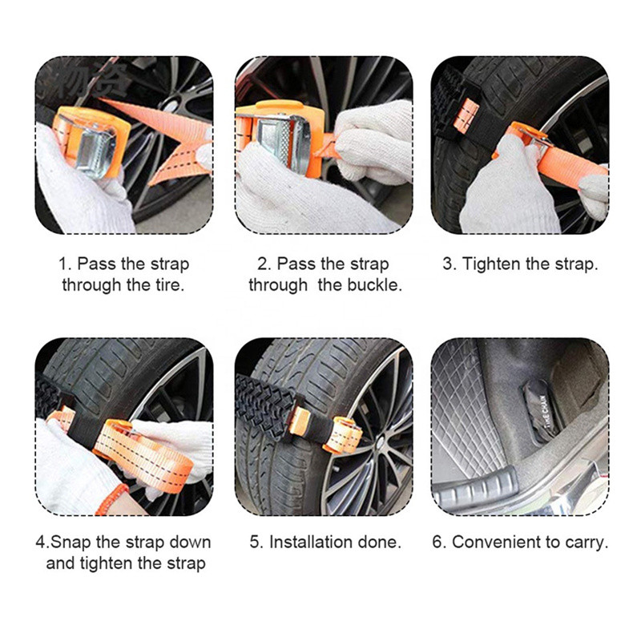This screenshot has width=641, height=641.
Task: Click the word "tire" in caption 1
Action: coord(168,284)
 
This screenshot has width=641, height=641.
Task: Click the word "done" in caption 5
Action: coord(381,542)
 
